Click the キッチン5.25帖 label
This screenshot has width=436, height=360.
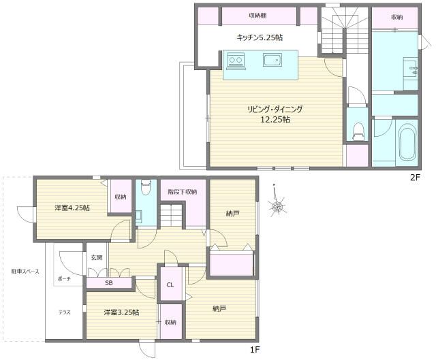tap(260, 37)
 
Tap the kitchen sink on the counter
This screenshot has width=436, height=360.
tap(272, 60)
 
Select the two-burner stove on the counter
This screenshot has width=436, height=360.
tap(236, 60)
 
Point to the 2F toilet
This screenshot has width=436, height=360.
tap(358, 131)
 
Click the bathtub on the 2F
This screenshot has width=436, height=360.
tap(408, 142)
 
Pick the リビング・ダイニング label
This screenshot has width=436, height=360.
tap(275, 110)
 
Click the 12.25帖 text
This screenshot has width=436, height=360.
tap(275, 120)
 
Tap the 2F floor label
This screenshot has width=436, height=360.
tap(414, 178)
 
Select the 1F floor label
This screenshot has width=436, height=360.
tap(255, 350)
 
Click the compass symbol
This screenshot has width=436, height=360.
tap(277, 206)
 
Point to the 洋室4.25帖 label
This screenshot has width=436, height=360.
tap(72, 208)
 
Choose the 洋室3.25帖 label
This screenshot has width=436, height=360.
tap(121, 312)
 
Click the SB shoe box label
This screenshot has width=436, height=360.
tap(109, 283)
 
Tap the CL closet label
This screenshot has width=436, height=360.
tap(170, 285)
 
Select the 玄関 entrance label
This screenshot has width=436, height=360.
tap(97, 257)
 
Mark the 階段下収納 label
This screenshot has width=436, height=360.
tap(183, 192)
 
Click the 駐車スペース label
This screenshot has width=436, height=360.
tap(25, 272)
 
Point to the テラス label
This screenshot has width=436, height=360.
tap(64, 312)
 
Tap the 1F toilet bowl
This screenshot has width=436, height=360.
tap(146, 186)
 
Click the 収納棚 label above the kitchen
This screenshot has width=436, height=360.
tap(258, 16)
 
